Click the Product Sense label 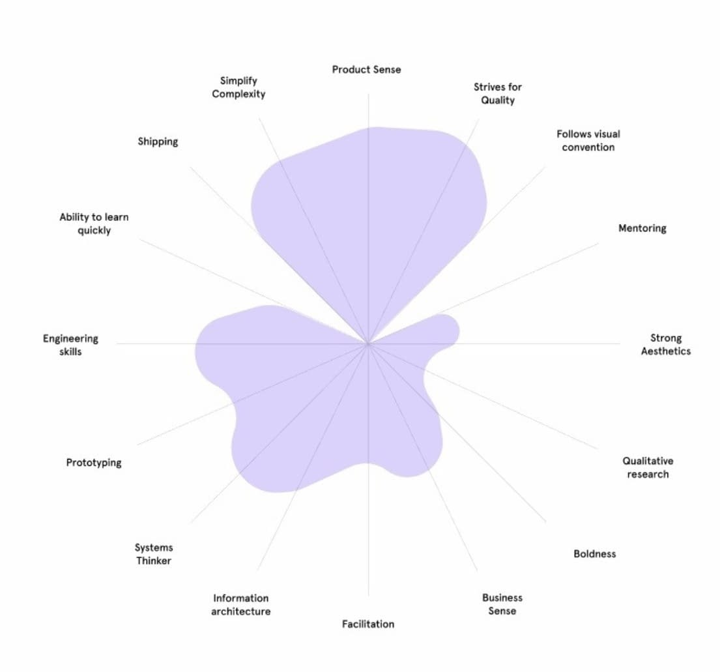point(366,69)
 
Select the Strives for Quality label point(498,93)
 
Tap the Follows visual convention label point(588,140)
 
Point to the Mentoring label point(642,228)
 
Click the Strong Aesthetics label point(665,344)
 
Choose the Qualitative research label point(648,467)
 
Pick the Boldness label point(594,553)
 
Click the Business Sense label point(502,604)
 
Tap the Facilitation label point(368,624)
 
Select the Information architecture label point(240,604)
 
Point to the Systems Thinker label point(154,554)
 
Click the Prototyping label point(94,462)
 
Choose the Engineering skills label point(70,345)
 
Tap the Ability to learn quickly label point(94,224)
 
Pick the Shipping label point(158,141)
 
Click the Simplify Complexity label point(238,87)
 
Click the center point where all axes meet point(368,343)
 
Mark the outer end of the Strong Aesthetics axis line point(620,343)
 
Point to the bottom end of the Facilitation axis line point(368,595)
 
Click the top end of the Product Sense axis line point(368,94)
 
